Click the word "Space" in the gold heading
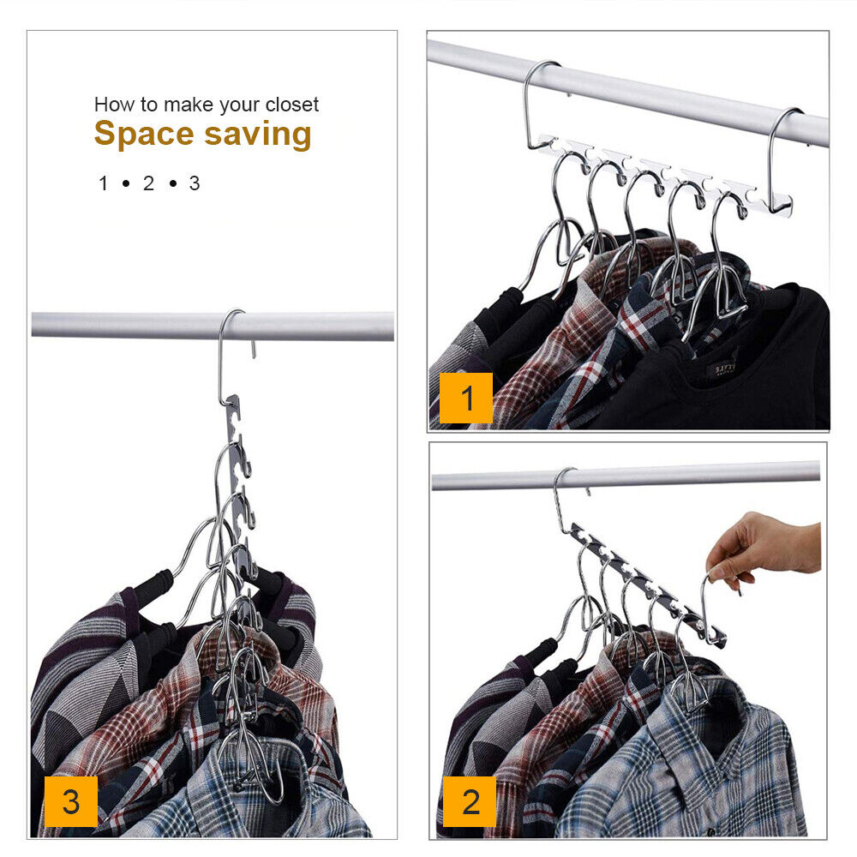pos(144,135)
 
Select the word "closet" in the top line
pos(292,105)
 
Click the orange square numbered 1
pos(466,398)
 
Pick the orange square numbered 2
pos(470,801)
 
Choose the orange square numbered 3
pos(71,801)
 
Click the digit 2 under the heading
pos(148,183)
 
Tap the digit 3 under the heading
pos(195,183)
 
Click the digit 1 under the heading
pos(104,183)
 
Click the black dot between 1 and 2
pos(126,183)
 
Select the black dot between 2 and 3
pos(173,183)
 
